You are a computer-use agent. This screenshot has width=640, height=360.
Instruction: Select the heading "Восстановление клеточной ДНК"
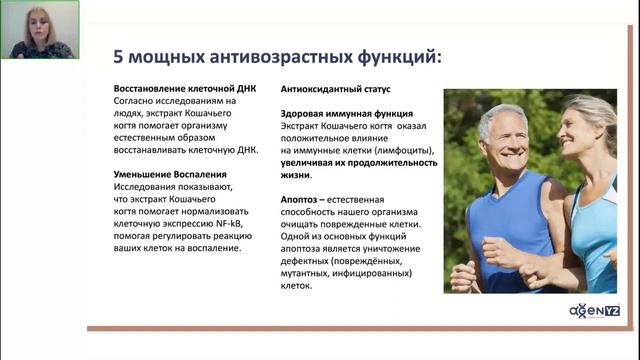tap(185, 89)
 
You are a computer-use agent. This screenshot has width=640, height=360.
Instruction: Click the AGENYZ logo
tap(592, 309)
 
